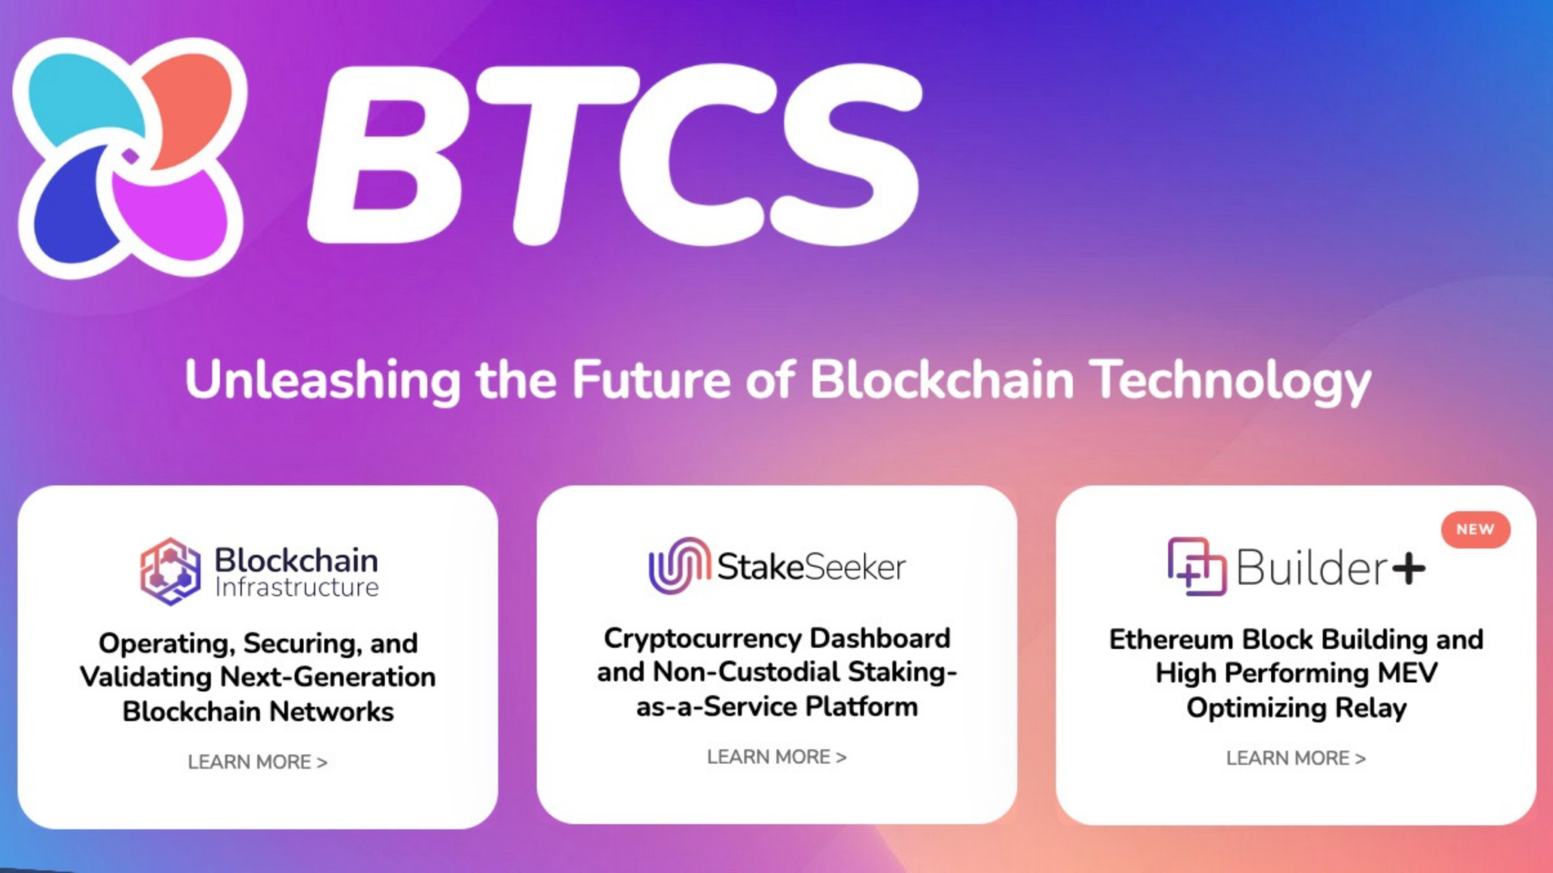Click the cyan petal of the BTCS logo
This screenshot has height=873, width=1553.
point(83,99)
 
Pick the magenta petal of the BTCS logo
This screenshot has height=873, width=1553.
point(171,216)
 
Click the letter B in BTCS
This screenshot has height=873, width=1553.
point(387,155)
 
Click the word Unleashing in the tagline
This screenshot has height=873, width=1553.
point(322,380)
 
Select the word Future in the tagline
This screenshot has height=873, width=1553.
point(652,378)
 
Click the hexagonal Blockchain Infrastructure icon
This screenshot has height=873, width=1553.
point(171,571)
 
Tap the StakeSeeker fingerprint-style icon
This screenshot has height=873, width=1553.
point(679,565)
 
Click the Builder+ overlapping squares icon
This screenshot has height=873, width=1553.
point(1197,567)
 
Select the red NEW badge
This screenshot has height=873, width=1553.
point(1475,530)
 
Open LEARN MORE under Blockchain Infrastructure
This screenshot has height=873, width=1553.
point(258,762)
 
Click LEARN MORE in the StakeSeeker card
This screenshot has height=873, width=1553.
point(776,757)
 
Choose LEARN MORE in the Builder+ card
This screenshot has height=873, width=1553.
point(1296,758)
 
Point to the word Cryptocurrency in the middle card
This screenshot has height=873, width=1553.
point(702,639)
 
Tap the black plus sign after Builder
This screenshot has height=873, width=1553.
point(1409,568)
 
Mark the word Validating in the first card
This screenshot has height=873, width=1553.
point(146,677)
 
